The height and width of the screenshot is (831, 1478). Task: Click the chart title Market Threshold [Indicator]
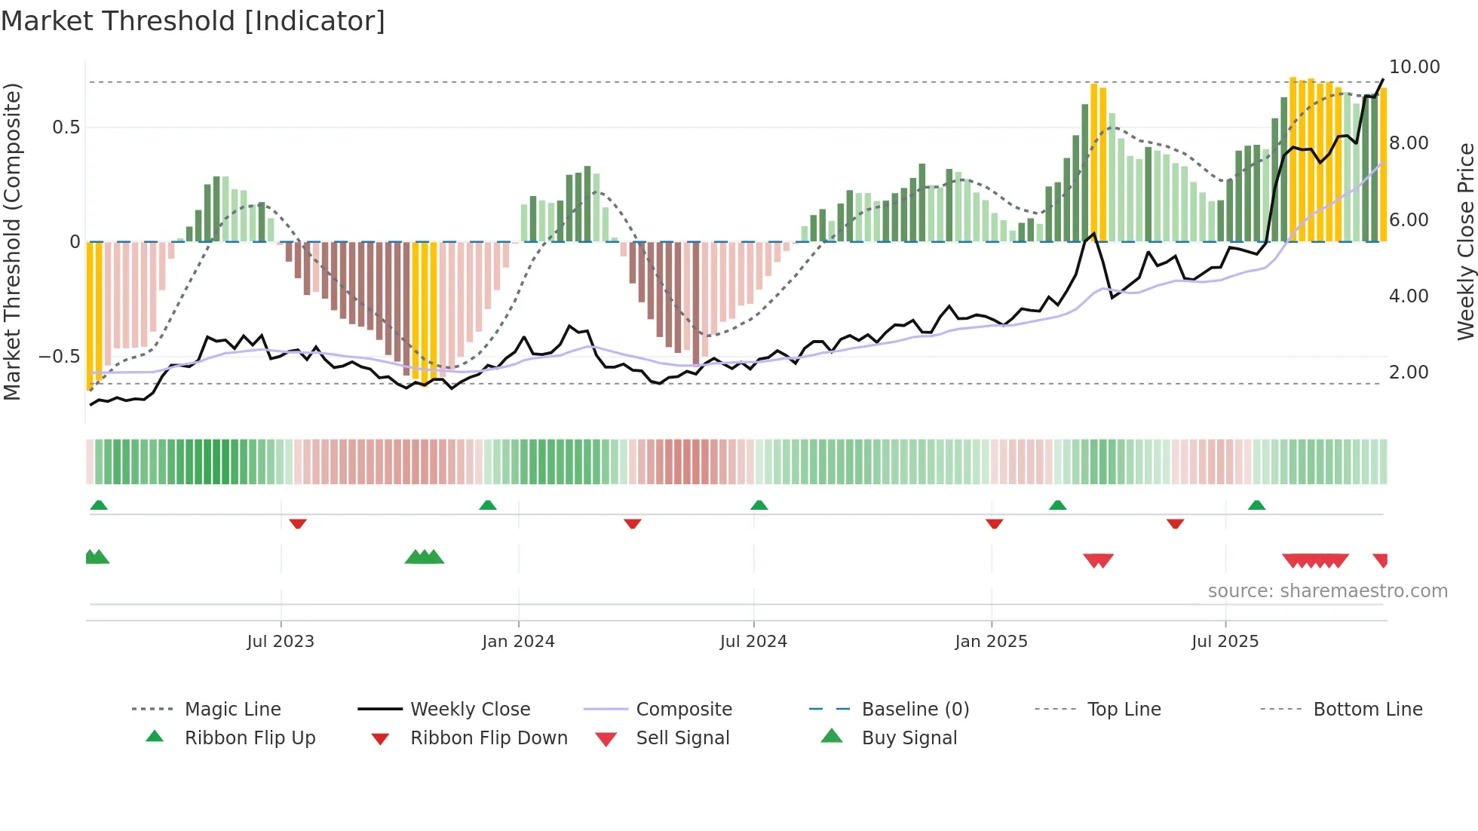(193, 21)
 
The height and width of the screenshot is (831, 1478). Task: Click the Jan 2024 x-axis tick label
(518, 641)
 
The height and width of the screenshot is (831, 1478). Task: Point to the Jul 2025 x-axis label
(1225, 641)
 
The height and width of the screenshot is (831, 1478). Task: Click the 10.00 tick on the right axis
(1414, 67)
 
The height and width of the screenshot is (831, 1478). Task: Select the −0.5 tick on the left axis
(60, 356)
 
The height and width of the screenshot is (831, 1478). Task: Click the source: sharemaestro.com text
(1327, 590)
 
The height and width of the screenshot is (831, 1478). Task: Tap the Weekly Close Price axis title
(1465, 241)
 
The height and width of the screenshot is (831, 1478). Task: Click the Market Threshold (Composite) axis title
(12, 241)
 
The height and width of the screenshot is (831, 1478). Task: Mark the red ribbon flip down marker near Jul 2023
(298, 523)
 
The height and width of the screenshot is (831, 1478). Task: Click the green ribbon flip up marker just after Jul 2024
(759, 505)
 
